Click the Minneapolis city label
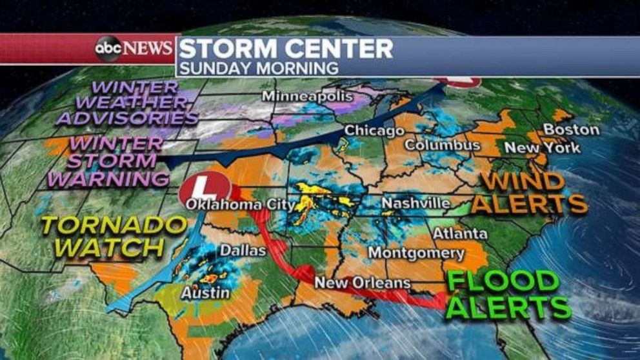[x=307, y=96]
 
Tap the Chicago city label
[x=374, y=131]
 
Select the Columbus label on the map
[x=442, y=145]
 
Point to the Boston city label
[x=571, y=130]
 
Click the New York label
[x=542, y=148]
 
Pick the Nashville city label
[x=415, y=204]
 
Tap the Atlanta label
[x=459, y=233]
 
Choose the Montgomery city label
[x=415, y=253]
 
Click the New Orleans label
[x=362, y=283]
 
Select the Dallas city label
[x=243, y=250]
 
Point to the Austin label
[x=205, y=293]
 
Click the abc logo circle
[x=108, y=48]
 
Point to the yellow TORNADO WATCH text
[x=113, y=235]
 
